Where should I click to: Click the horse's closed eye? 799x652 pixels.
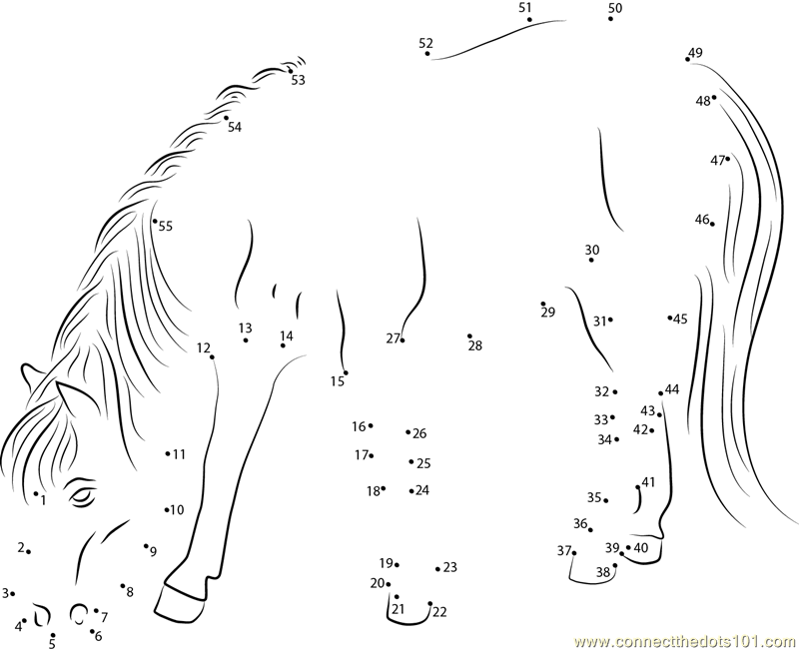[x=83, y=495]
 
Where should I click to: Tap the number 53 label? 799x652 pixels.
[x=298, y=80]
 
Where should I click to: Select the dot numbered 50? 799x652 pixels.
[x=610, y=19]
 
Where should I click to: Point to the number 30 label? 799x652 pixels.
[x=592, y=250]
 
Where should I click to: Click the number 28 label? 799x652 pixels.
[x=475, y=345]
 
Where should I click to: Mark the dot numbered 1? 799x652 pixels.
[x=36, y=493]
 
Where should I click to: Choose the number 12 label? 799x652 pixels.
[x=204, y=347]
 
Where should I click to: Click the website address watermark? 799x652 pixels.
[x=685, y=641]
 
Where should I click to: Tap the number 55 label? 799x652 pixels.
[x=166, y=227]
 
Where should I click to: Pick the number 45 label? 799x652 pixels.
[x=680, y=320]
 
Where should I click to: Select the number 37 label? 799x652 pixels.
[x=563, y=550]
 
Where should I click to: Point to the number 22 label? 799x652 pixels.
[x=439, y=612]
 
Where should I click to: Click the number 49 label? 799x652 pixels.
[x=695, y=53]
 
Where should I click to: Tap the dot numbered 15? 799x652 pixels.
[x=346, y=372]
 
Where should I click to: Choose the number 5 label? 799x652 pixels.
[x=52, y=644]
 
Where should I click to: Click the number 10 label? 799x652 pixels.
[x=177, y=510]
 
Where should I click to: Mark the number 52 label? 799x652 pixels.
[x=426, y=43]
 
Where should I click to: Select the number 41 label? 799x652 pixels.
[x=648, y=482]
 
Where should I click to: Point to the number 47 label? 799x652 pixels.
[x=717, y=161]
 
